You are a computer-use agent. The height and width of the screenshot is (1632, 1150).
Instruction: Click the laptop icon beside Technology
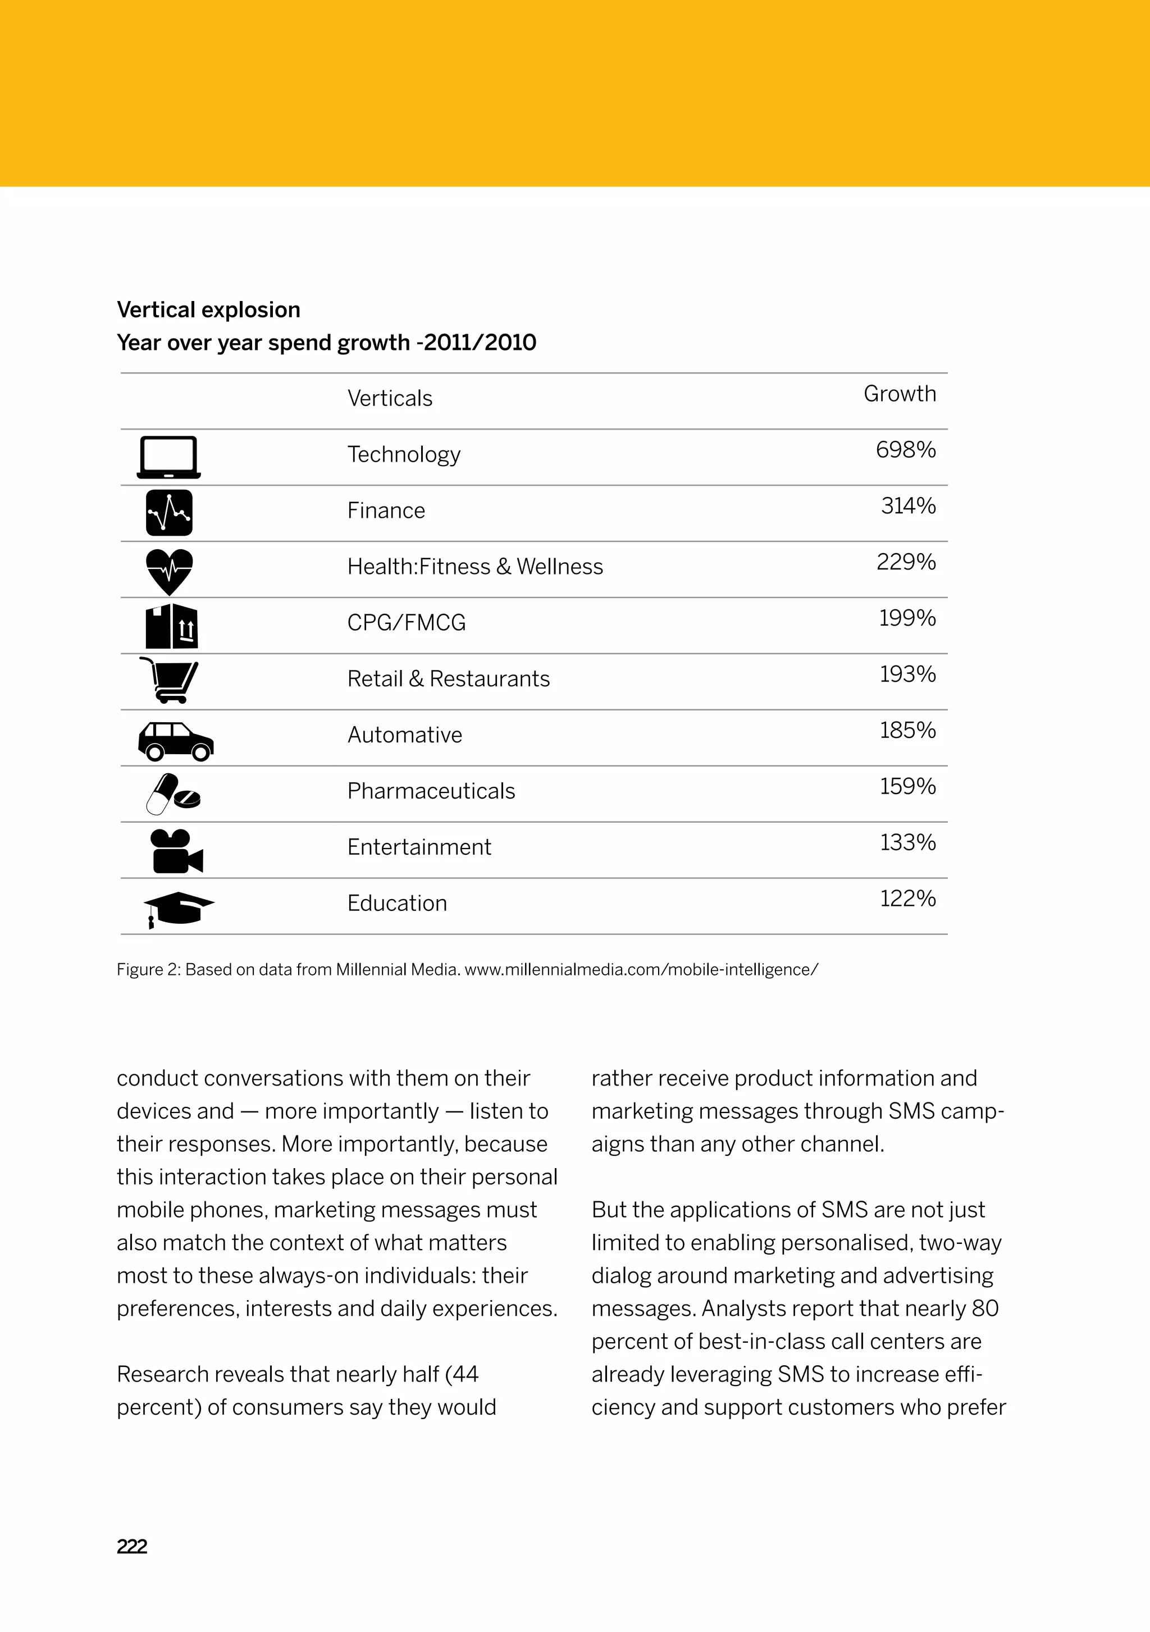click(168, 457)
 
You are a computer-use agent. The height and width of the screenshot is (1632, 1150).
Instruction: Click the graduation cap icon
click(179, 909)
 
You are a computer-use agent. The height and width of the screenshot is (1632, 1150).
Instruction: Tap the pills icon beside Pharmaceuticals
click(173, 794)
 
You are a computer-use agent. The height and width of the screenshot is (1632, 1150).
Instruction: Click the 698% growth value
click(906, 450)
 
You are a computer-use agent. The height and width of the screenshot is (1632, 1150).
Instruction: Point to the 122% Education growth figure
click(907, 899)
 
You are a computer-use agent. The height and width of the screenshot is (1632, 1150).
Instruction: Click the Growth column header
click(900, 394)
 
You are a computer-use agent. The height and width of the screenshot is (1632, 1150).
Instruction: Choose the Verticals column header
click(390, 399)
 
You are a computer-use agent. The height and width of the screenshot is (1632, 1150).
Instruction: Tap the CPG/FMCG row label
click(407, 623)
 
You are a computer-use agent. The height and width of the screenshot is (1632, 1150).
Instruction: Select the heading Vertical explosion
click(208, 310)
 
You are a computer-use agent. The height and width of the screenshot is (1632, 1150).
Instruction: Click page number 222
click(132, 1546)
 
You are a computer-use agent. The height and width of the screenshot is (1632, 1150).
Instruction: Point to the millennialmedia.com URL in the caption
click(641, 969)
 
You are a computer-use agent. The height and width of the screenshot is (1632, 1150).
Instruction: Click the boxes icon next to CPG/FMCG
click(171, 626)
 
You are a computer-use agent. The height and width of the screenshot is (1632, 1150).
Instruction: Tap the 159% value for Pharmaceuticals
click(907, 786)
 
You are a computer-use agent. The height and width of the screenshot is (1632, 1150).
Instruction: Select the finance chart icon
click(169, 513)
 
